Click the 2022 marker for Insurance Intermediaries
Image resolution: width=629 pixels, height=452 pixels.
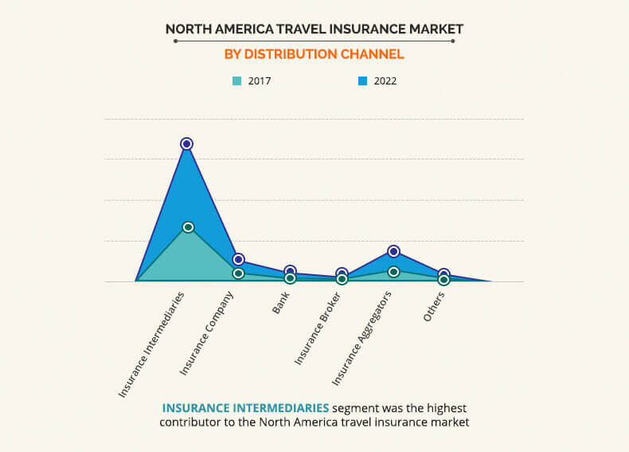tap(186, 143)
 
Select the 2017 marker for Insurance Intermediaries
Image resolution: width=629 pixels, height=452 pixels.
tap(188, 227)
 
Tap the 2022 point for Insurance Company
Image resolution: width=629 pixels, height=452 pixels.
tap(238, 260)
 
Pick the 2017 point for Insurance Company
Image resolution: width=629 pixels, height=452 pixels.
tap(238, 273)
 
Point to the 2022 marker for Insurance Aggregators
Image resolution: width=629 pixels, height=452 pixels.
tap(394, 252)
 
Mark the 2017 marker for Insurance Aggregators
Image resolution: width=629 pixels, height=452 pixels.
tap(394, 272)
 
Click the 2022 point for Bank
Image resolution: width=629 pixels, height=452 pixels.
tap(290, 271)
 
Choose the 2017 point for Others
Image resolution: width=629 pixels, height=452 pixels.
tap(443, 280)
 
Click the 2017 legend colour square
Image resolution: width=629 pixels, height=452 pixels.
tap(237, 81)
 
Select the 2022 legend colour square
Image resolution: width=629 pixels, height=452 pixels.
tap(362, 81)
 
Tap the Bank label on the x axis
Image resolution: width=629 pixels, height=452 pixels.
tap(281, 303)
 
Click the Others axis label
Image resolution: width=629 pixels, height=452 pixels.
tap(434, 307)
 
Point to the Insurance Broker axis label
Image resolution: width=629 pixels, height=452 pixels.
tap(318, 329)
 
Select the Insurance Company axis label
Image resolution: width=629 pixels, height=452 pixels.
tap(206, 333)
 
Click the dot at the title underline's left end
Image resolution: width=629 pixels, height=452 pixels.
tap(175, 41)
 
